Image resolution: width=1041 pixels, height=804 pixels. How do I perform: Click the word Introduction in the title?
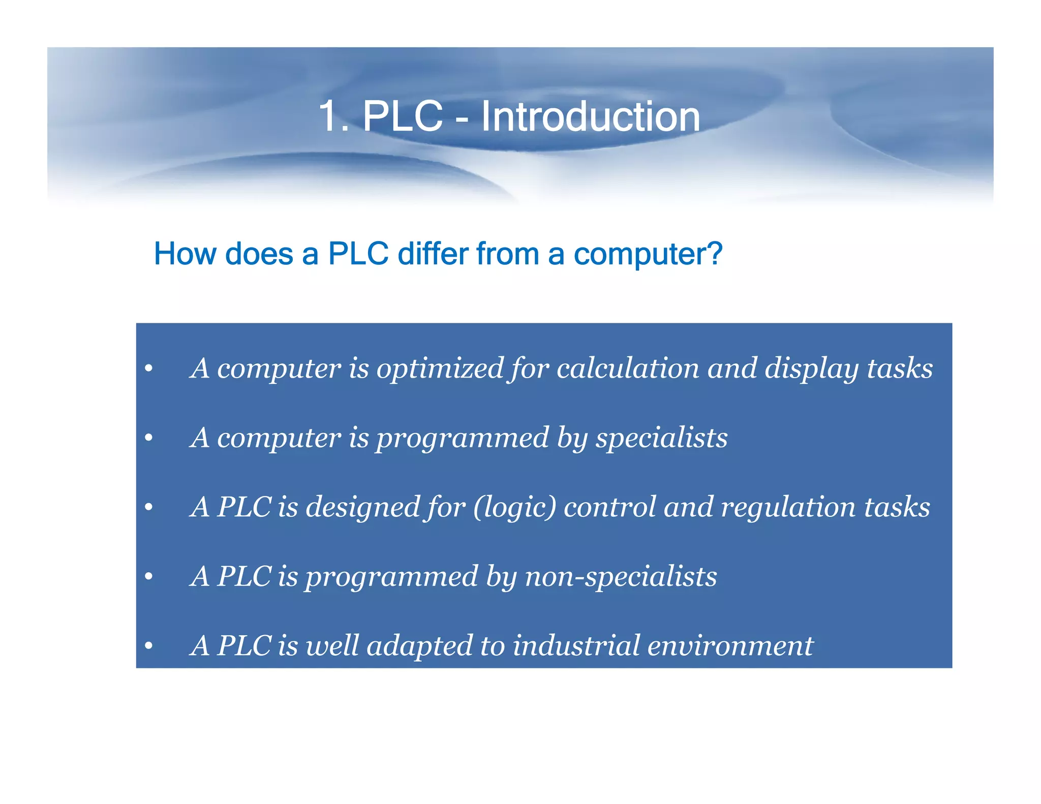tap(590, 116)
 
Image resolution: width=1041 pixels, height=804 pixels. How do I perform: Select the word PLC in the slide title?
tap(402, 116)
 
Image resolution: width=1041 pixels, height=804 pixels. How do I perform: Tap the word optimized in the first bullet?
tap(440, 368)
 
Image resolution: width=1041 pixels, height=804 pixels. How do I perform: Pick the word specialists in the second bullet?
tap(661, 438)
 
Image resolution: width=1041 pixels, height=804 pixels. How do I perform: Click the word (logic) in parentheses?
tap(514, 508)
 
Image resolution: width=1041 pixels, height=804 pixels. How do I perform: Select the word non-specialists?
tap(621, 577)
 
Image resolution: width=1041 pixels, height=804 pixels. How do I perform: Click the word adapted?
tap(419, 647)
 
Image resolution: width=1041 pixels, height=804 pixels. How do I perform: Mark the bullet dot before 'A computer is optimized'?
tap(148, 369)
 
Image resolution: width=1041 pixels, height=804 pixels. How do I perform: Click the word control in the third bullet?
tap(609, 507)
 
